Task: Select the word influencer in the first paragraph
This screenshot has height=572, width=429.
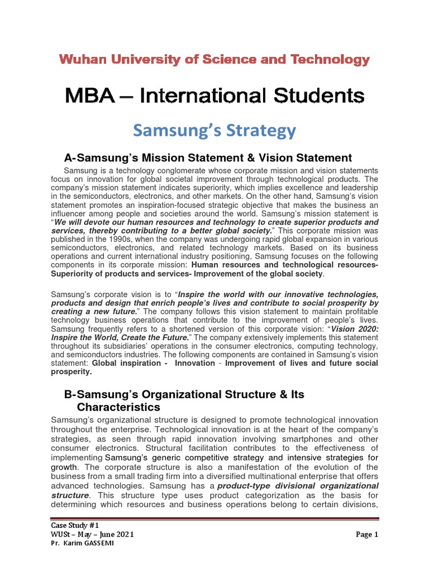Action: pos(71,213)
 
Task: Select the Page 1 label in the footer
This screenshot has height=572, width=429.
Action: pos(367,535)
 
